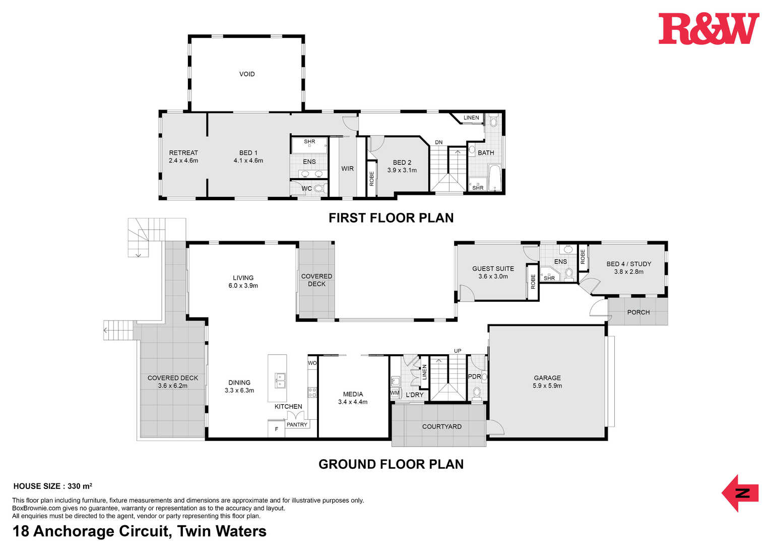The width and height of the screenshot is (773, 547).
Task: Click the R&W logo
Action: [x=709, y=29]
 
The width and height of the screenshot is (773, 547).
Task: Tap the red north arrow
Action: [x=740, y=493]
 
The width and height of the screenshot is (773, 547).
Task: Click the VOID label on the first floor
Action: [x=247, y=74]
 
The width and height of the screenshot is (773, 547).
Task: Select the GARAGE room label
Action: [x=547, y=378]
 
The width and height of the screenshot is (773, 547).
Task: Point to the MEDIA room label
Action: [x=353, y=394]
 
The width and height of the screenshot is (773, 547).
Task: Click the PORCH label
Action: [x=638, y=312]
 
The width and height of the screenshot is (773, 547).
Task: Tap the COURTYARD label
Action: [x=442, y=427]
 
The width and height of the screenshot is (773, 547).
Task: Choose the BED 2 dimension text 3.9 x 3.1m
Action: [x=402, y=171]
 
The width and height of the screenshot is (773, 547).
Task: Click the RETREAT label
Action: [x=183, y=153]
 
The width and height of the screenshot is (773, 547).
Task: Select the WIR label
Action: [x=348, y=169]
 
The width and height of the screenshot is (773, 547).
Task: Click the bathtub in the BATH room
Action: [x=494, y=178]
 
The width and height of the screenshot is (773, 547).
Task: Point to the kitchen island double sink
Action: [x=280, y=380]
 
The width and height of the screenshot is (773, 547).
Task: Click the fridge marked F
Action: [x=277, y=429]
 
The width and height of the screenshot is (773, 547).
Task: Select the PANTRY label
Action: [x=297, y=425]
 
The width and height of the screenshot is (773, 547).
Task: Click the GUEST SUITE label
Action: [x=493, y=269]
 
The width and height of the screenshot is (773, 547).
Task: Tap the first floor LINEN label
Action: [x=471, y=118]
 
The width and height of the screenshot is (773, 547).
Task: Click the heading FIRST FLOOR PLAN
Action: [x=391, y=218]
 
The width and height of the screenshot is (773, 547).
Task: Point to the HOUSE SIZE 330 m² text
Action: [x=53, y=486]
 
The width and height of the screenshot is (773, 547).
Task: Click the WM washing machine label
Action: [x=395, y=393]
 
